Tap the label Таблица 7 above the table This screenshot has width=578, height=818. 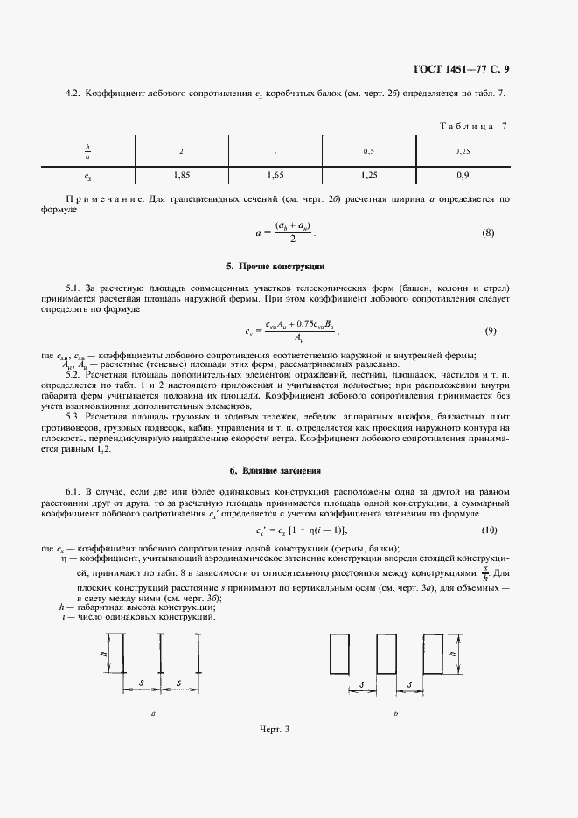[472, 127]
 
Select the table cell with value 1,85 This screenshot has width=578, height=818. [182, 175]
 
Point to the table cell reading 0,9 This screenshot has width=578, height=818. [462, 175]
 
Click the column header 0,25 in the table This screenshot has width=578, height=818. [462, 151]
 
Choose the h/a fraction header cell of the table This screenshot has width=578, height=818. [87, 151]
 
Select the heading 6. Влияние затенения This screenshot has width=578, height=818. [276, 471]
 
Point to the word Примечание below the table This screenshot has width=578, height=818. [95, 199]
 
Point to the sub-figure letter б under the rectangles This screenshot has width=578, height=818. [396, 713]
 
